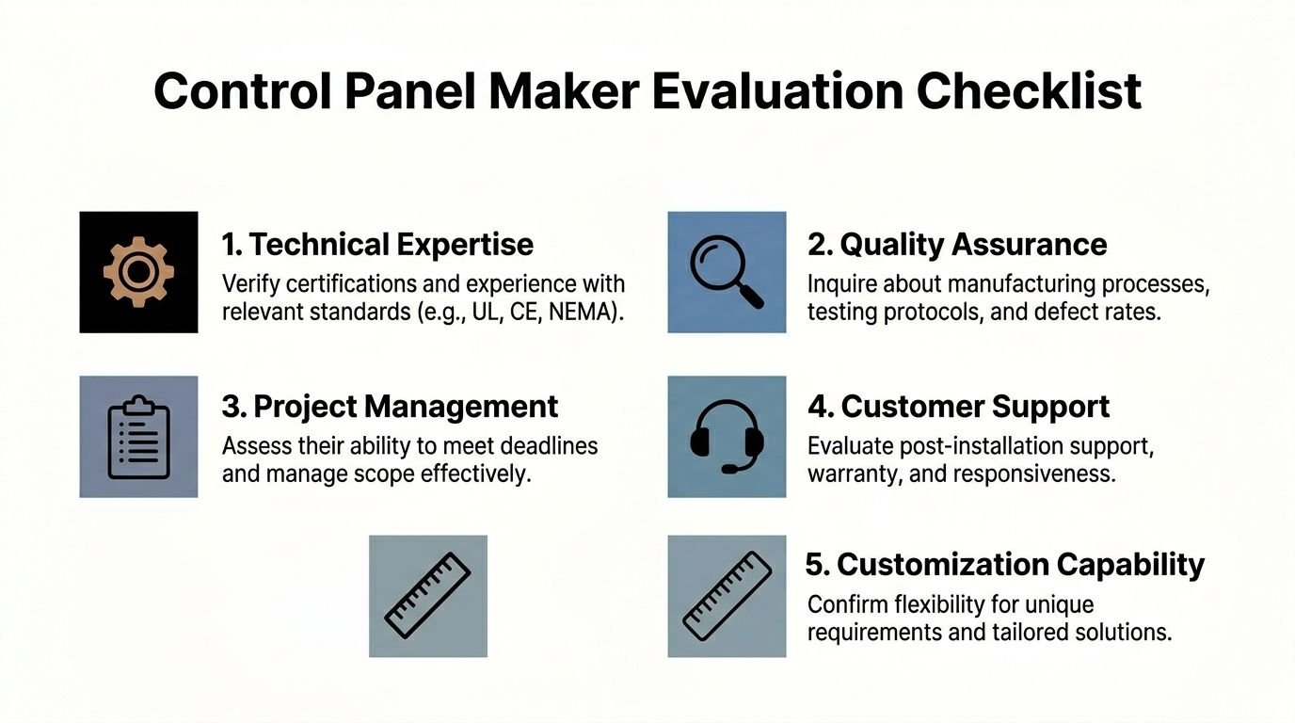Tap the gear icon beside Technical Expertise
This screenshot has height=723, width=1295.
click(x=138, y=272)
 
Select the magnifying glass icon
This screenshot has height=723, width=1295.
click(x=727, y=272)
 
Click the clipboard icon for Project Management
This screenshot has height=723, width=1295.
click(x=138, y=437)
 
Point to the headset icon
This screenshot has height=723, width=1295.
click(x=727, y=437)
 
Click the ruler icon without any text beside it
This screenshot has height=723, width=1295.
click(x=428, y=596)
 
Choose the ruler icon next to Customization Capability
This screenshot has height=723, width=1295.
click(x=727, y=596)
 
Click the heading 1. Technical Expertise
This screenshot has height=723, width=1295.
click(x=377, y=245)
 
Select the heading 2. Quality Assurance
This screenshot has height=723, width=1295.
click(x=957, y=245)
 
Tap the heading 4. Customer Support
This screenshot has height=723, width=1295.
click(x=958, y=407)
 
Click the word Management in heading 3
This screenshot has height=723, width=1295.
click(x=461, y=407)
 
